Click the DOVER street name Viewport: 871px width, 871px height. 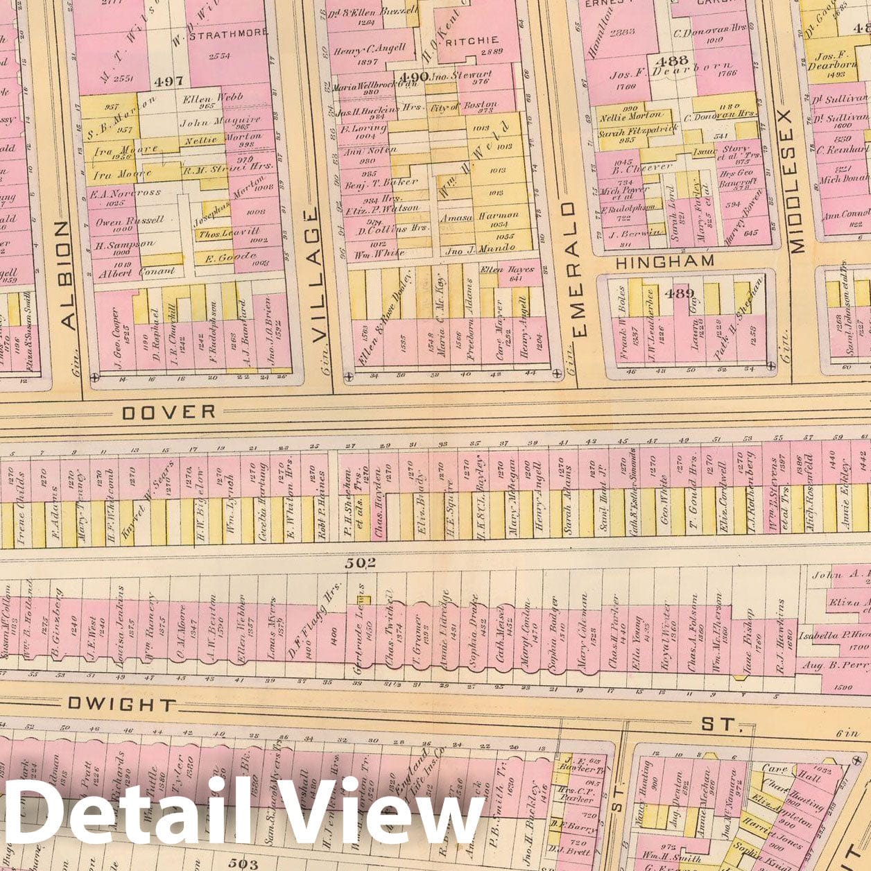tap(169, 413)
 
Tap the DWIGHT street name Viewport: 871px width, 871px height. tap(122, 705)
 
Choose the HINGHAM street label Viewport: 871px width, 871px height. tap(664, 261)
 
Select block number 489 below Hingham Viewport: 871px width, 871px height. tap(679, 293)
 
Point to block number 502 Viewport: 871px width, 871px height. tap(361, 563)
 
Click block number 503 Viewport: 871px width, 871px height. tap(243, 863)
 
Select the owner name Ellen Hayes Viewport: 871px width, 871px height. tap(502, 270)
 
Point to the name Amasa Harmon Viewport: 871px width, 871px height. tap(481, 217)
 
